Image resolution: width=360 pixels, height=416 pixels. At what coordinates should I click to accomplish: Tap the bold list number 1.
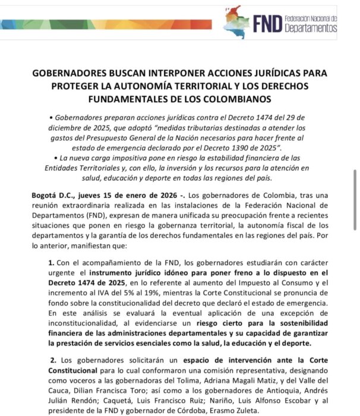52,262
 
